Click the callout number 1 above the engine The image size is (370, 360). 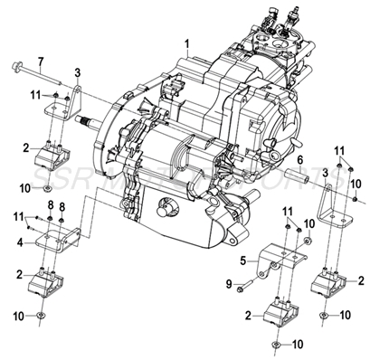187,43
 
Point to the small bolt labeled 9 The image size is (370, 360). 242,287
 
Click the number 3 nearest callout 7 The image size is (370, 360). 78,72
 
